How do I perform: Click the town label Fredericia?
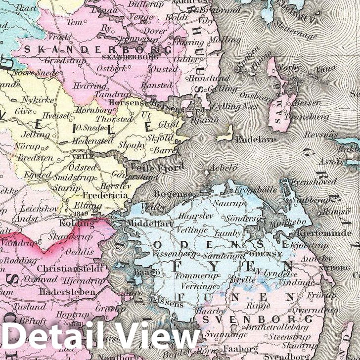[x=104, y=195]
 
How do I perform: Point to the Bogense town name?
[x=173, y=194]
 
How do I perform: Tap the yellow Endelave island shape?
[x=226, y=132]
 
